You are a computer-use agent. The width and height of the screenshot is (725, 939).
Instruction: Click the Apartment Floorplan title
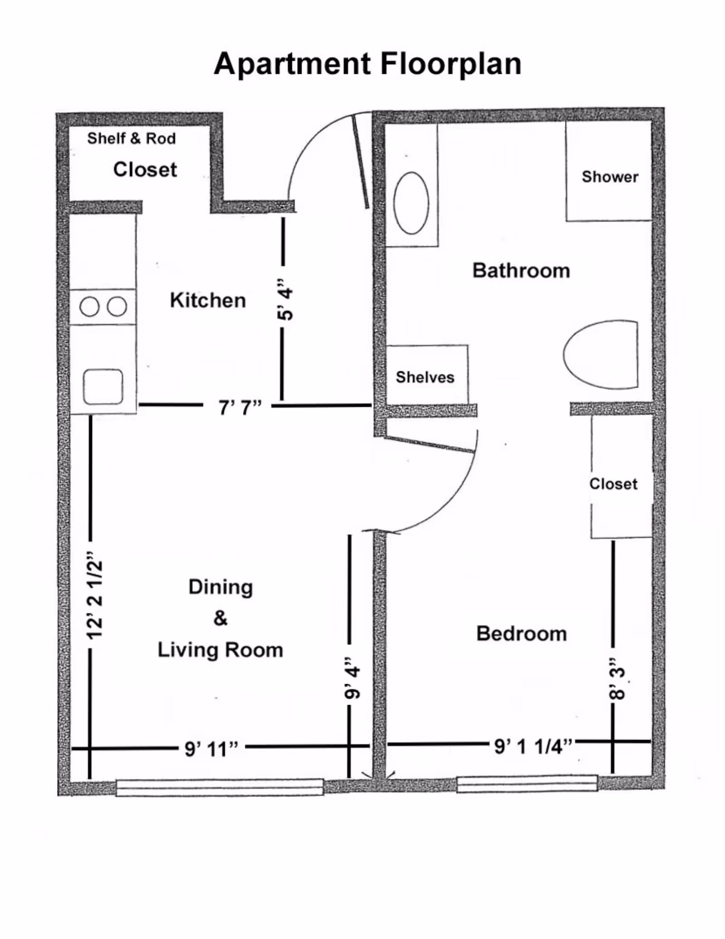pos(367,64)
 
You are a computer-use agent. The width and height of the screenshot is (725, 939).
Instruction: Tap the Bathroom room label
pos(521,271)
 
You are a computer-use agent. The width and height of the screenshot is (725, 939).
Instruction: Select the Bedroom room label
pos(522,633)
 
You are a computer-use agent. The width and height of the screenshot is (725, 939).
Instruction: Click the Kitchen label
pos(208,300)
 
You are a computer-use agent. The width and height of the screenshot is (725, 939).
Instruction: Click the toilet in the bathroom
pos(601,355)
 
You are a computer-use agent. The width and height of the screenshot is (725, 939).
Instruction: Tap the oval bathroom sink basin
pos(411,203)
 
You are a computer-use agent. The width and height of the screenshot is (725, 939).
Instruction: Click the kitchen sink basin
pos(103,387)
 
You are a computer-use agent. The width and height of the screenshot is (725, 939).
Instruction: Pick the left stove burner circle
pos(89,307)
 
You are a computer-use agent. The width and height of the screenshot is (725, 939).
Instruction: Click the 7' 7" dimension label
pos(240,407)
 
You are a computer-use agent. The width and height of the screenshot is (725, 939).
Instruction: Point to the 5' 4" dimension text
pos(285,299)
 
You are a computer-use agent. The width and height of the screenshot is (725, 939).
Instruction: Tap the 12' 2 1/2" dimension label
pos(95,595)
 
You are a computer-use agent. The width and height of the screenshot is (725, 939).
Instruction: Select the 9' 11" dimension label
pos(211,749)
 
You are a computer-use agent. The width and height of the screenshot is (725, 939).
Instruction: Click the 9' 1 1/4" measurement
pos(533,746)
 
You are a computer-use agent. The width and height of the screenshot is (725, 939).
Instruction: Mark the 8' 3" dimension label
pos(617,679)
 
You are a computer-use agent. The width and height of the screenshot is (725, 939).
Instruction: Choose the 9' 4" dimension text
pos(352,678)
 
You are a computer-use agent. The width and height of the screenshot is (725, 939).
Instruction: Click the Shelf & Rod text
pos(131,138)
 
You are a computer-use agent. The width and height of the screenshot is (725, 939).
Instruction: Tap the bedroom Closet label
pos(613,484)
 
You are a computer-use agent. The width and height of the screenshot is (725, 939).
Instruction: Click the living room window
pos(220,787)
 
